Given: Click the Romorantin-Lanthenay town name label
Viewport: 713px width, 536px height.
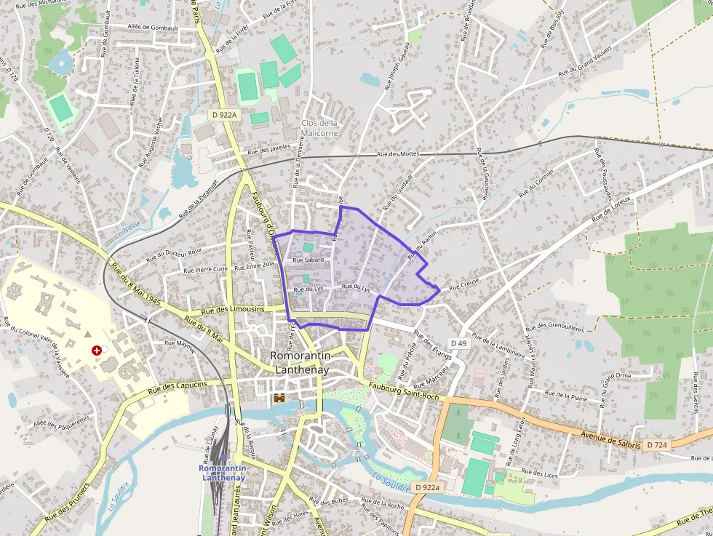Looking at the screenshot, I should click(300, 362).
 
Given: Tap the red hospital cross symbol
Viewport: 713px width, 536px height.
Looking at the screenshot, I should click(97, 350).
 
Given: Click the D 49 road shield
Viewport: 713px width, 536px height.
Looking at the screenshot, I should click(458, 343).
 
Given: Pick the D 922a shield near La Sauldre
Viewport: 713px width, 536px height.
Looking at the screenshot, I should click(426, 487).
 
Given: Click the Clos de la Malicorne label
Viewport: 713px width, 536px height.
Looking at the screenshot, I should click(319, 128).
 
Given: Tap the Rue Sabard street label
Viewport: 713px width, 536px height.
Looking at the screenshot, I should click(308, 260).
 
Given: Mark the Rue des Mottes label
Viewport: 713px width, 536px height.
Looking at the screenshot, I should click(399, 154).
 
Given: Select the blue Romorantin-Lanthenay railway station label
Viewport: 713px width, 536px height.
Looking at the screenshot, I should click(224, 473).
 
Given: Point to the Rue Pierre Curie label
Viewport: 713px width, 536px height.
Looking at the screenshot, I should click(206, 269).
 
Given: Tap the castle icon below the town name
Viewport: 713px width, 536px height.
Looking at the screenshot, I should click(279, 398).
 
